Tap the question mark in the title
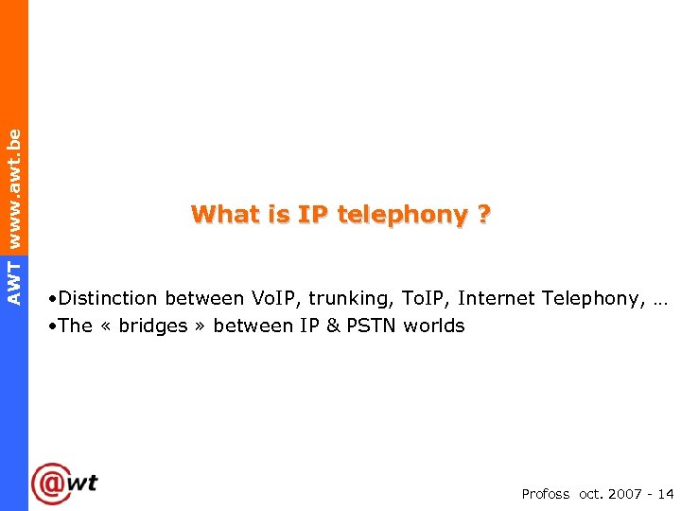pyautogui.click(x=484, y=215)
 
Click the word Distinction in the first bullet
pyautogui.click(x=108, y=299)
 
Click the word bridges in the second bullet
pyautogui.click(x=153, y=326)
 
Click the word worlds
pyautogui.click(x=434, y=326)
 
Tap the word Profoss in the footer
pyautogui.click(x=546, y=494)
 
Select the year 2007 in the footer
pyautogui.click(x=626, y=494)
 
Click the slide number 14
pyautogui.click(x=665, y=494)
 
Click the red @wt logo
pyautogui.click(x=64, y=484)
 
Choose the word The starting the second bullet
pyautogui.click(x=75, y=326)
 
